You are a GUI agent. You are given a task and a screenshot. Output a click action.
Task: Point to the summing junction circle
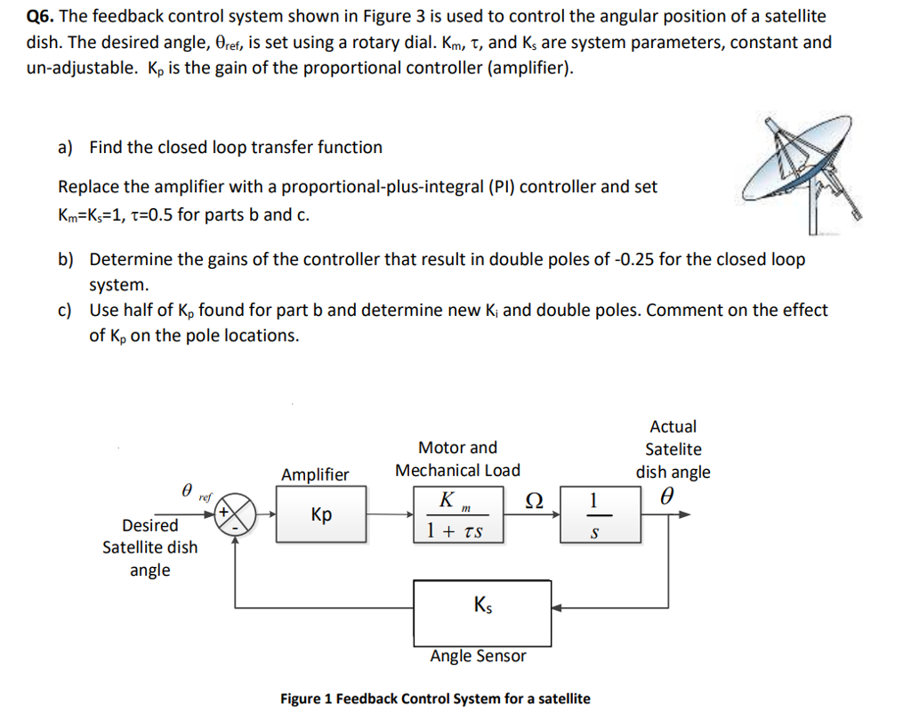click(235, 514)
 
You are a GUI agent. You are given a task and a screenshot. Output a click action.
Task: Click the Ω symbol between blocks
click(535, 500)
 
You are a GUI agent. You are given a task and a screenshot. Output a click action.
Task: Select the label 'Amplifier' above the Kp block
click(315, 474)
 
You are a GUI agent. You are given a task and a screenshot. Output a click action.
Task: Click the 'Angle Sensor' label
click(478, 657)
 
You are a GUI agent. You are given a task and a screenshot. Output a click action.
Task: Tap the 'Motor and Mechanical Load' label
click(457, 458)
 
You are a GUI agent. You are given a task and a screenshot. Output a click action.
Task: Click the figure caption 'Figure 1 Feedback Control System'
click(434, 699)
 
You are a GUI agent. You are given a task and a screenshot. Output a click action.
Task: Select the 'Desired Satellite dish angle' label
click(149, 547)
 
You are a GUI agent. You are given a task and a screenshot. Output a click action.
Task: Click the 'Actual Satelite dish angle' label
click(673, 449)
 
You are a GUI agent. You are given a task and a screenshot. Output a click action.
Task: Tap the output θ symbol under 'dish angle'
click(668, 495)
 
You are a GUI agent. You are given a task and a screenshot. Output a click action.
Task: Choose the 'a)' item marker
click(66, 148)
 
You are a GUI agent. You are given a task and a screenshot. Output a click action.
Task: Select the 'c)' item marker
click(66, 311)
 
